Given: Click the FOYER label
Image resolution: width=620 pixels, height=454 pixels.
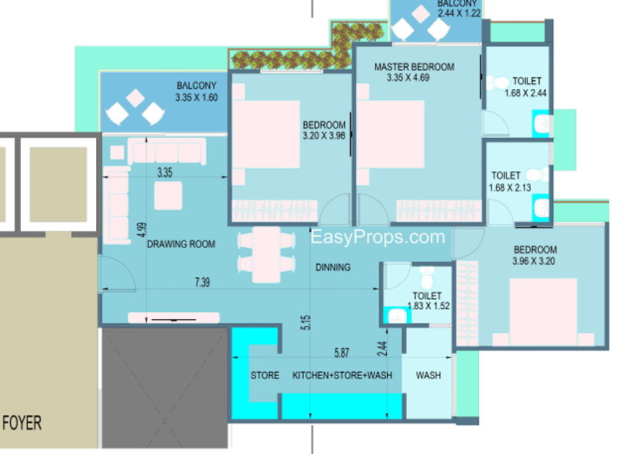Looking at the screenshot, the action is click(22, 423).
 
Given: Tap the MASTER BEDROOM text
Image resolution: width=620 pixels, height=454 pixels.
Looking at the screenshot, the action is click(414, 67).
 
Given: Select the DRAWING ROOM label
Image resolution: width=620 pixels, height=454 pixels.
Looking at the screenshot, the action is click(181, 244).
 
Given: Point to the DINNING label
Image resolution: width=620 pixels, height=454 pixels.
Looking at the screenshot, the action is click(333, 267).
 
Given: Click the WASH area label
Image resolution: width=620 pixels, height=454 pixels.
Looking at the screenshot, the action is click(429, 376).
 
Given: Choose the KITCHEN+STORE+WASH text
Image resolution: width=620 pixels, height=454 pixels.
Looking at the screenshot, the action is click(343, 376).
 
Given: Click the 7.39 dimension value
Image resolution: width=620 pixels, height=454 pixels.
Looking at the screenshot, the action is click(202, 282).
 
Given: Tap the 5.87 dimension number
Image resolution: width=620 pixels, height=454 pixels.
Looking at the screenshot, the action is click(342, 353).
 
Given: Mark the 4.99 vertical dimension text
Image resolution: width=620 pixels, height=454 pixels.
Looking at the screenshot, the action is click(142, 230).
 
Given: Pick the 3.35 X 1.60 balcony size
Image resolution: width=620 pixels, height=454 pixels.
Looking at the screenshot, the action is click(197, 98).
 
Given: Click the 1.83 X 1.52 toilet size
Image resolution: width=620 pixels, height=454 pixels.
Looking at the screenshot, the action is click(429, 306).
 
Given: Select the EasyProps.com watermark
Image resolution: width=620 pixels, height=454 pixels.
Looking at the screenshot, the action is click(377, 237).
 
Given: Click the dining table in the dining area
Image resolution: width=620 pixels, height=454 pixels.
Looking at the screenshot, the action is click(266, 254).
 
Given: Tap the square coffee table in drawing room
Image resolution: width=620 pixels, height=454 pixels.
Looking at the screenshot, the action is click(168, 195).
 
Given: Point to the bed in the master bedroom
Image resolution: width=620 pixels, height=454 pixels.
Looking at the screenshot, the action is click(391, 134).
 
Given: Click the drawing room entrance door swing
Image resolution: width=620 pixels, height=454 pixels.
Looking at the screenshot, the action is click(118, 273).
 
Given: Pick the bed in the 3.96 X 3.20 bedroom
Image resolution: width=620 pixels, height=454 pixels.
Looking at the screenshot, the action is click(543, 311).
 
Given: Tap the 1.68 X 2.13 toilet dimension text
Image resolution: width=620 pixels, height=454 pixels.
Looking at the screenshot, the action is click(510, 188).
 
